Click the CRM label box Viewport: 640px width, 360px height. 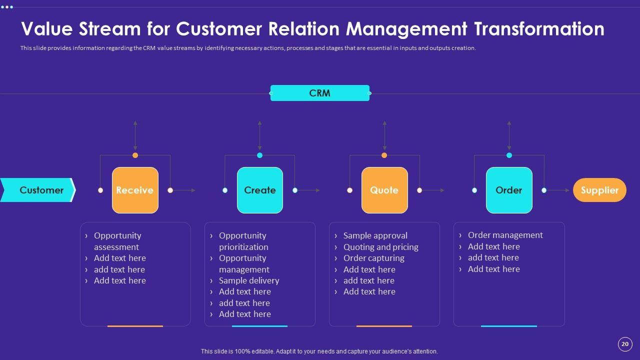[x=319, y=93]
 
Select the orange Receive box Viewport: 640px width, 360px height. [x=135, y=190]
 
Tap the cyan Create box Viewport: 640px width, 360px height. [x=259, y=190]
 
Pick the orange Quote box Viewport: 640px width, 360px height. [x=384, y=190]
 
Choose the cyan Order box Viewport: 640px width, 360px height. [x=508, y=190]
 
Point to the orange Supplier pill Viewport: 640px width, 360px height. [x=599, y=190]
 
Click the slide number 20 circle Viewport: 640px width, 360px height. [x=624, y=344]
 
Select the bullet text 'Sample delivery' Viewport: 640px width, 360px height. [x=249, y=280]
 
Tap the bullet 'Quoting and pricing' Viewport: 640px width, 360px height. [x=380, y=247]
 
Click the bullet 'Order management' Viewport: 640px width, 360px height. [x=505, y=235]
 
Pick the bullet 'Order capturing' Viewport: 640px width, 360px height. [x=373, y=258]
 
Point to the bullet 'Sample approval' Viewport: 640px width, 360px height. [x=375, y=235]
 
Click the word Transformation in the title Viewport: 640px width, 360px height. [x=538, y=29]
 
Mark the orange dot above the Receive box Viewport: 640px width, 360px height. [x=135, y=155]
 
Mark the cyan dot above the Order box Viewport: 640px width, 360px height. [x=509, y=155]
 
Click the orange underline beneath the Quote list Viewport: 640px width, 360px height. [x=384, y=326]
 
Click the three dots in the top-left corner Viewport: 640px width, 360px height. [x=7, y=7]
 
